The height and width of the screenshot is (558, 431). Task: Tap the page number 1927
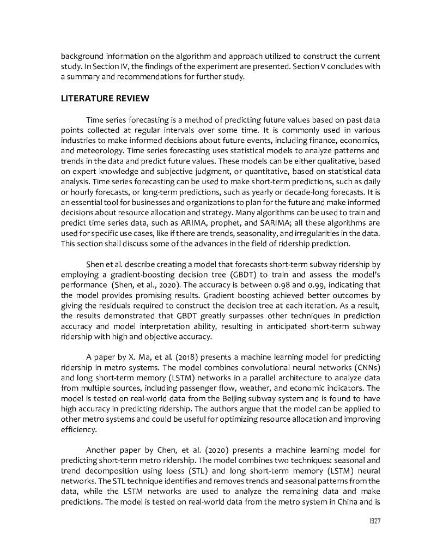click(x=372, y=521)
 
